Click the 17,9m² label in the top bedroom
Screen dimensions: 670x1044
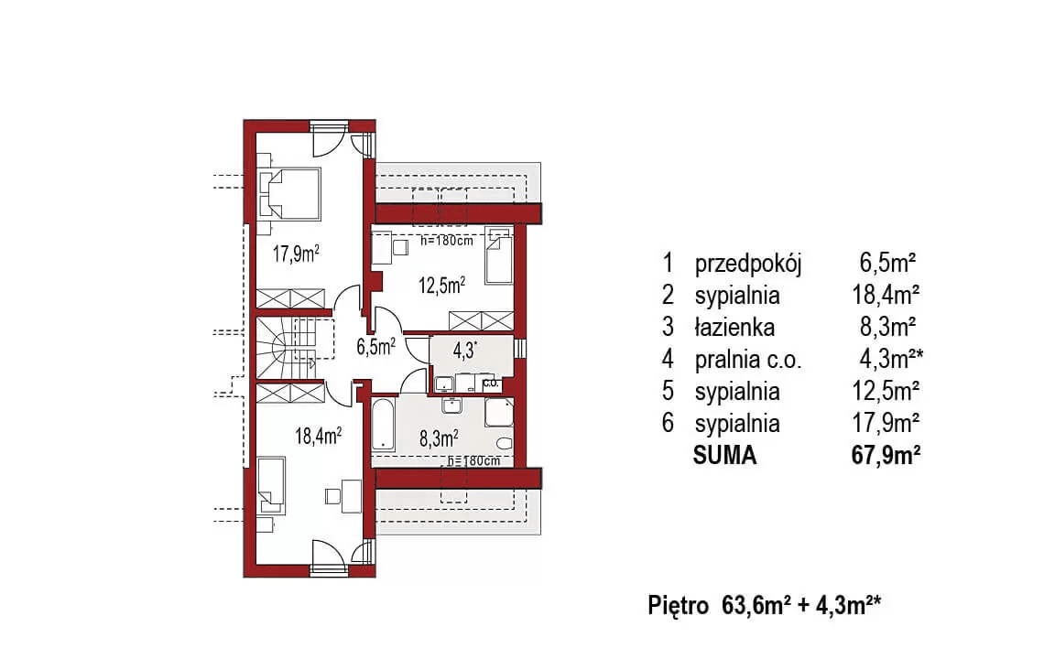click(297, 253)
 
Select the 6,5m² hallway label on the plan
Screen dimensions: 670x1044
click(375, 346)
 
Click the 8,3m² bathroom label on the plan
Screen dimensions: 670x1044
click(438, 438)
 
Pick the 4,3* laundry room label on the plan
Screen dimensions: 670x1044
click(466, 351)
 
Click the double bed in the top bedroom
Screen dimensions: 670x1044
click(291, 193)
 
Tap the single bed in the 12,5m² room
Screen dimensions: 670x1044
click(497, 254)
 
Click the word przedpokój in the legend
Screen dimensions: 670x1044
click(748, 265)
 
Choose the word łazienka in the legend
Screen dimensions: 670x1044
click(734, 328)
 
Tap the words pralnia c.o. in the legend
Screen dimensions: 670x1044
click(748, 360)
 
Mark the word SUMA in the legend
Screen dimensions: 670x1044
click(725, 455)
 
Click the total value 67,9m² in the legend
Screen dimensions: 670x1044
click(885, 455)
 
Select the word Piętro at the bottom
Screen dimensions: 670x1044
click(677, 605)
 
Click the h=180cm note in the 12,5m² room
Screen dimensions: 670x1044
click(446, 243)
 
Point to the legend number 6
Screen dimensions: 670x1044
click(669, 424)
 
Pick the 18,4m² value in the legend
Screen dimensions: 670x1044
click(885, 296)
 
